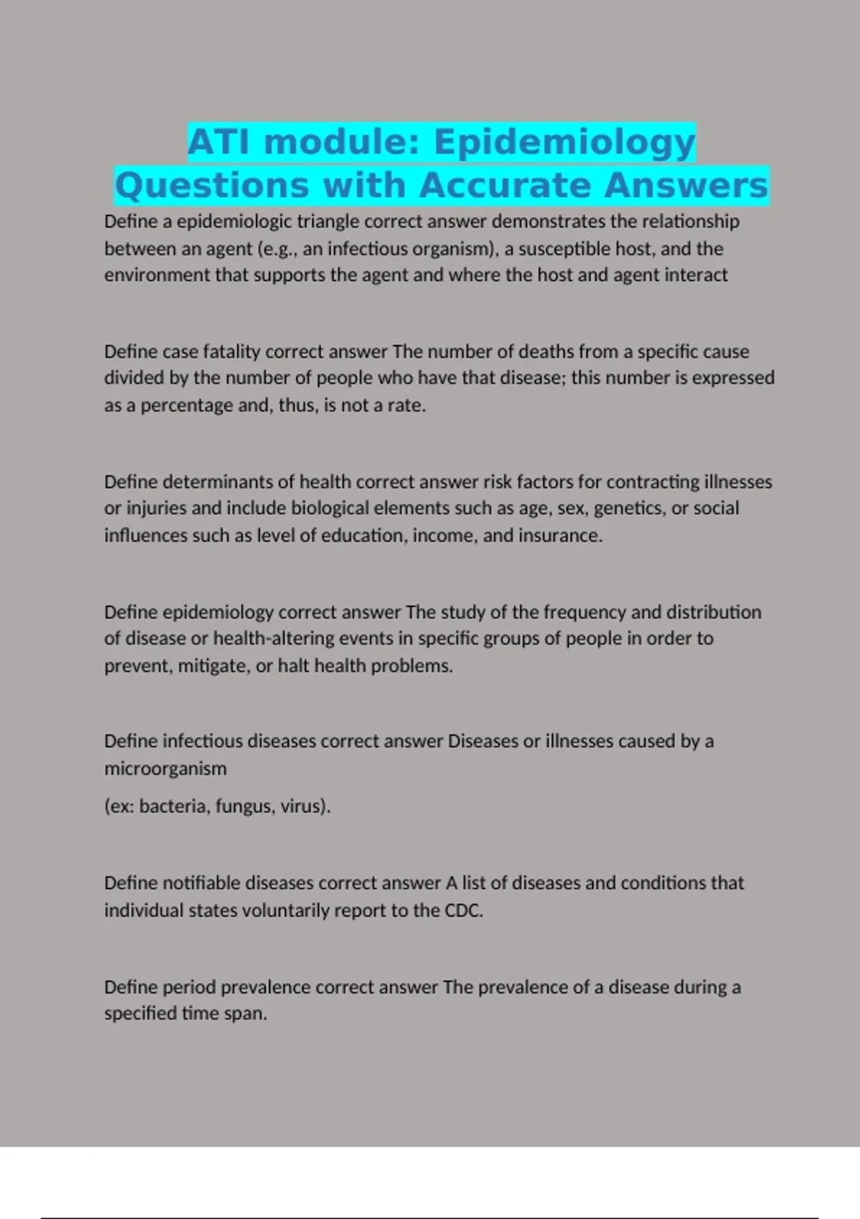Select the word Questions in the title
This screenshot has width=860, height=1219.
[212, 186]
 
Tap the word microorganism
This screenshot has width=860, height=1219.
[165, 769]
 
